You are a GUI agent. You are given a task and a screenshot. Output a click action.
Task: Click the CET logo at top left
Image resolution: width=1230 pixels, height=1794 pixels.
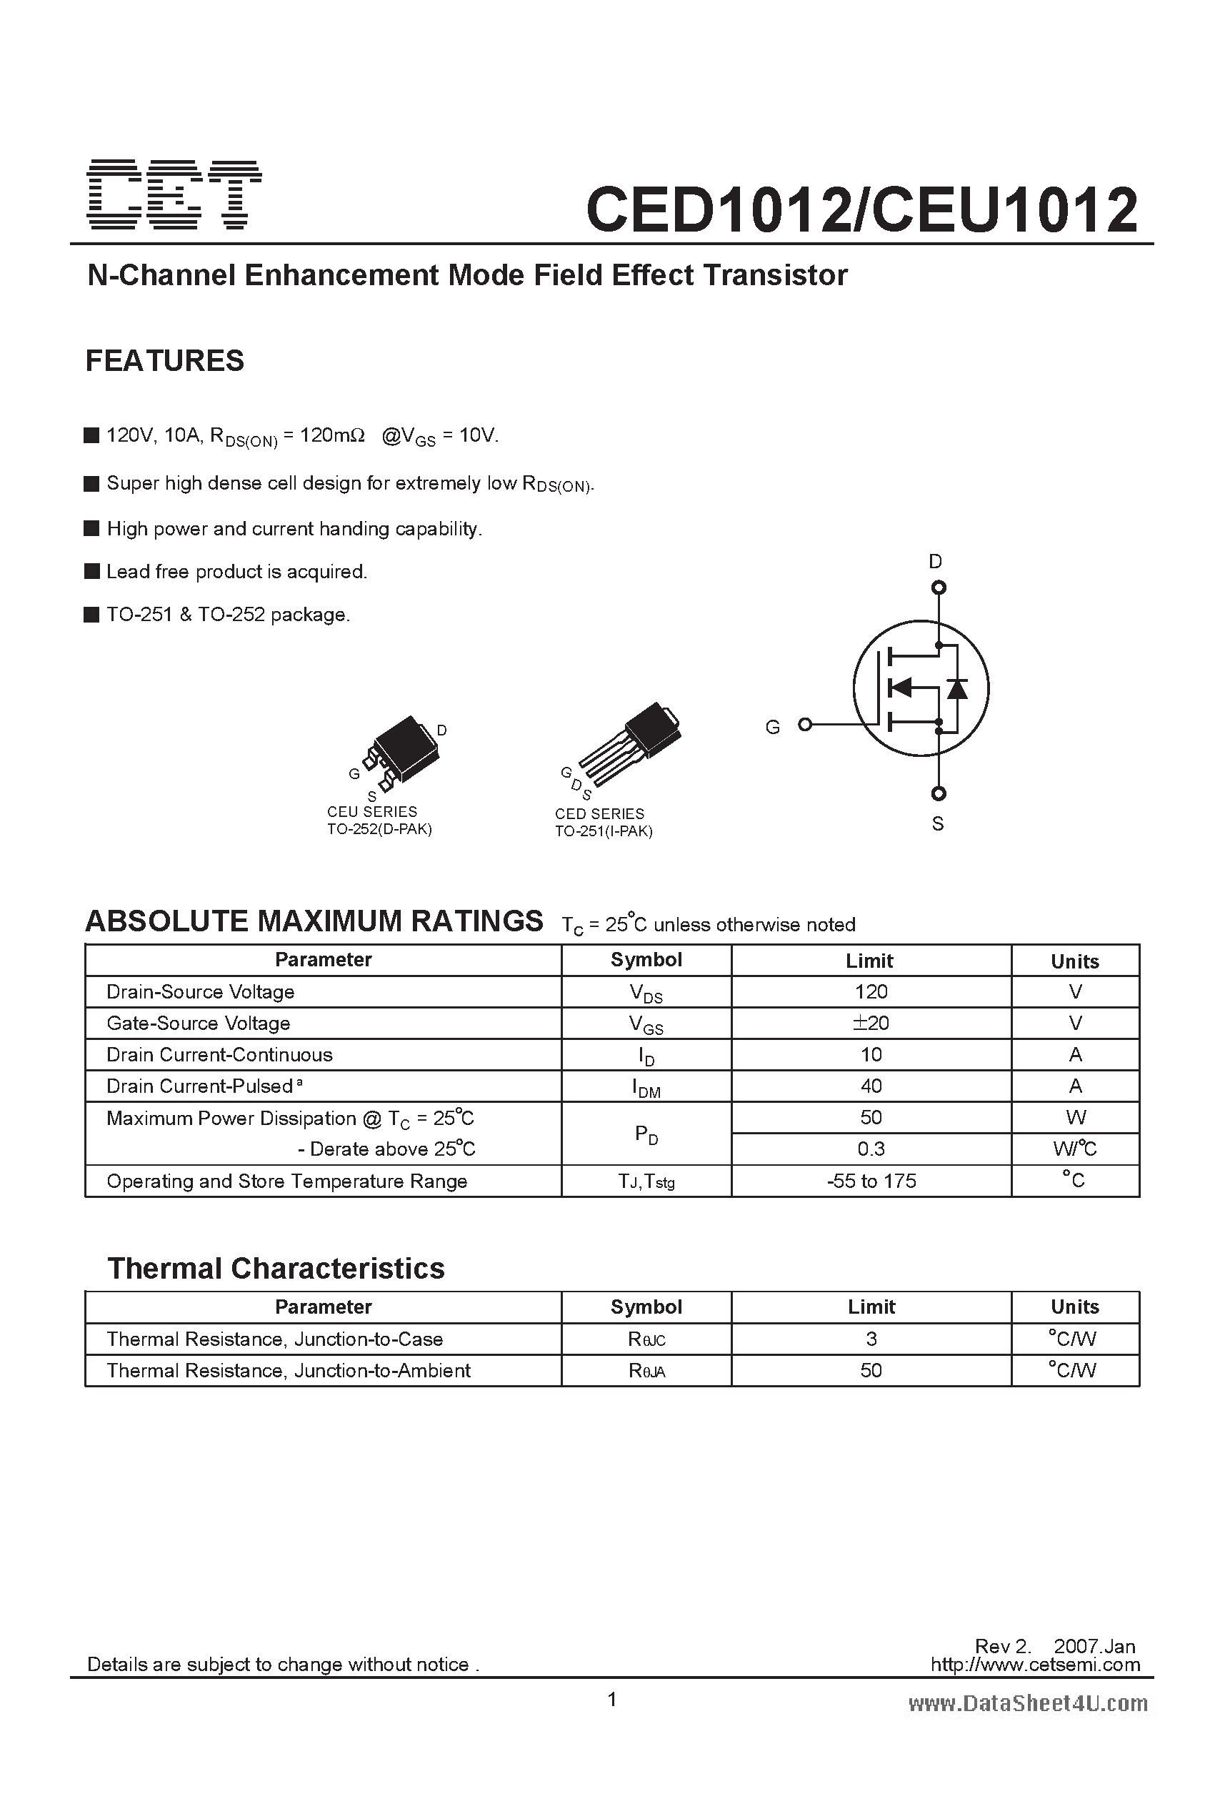click(x=175, y=194)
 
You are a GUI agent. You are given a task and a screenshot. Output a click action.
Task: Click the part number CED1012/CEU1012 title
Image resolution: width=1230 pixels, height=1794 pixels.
click(x=861, y=210)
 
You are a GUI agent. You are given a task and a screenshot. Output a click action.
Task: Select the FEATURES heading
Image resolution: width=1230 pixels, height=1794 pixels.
click(x=164, y=360)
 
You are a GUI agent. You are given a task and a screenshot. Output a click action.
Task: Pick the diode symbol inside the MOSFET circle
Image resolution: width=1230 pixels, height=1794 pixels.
click(x=958, y=688)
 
